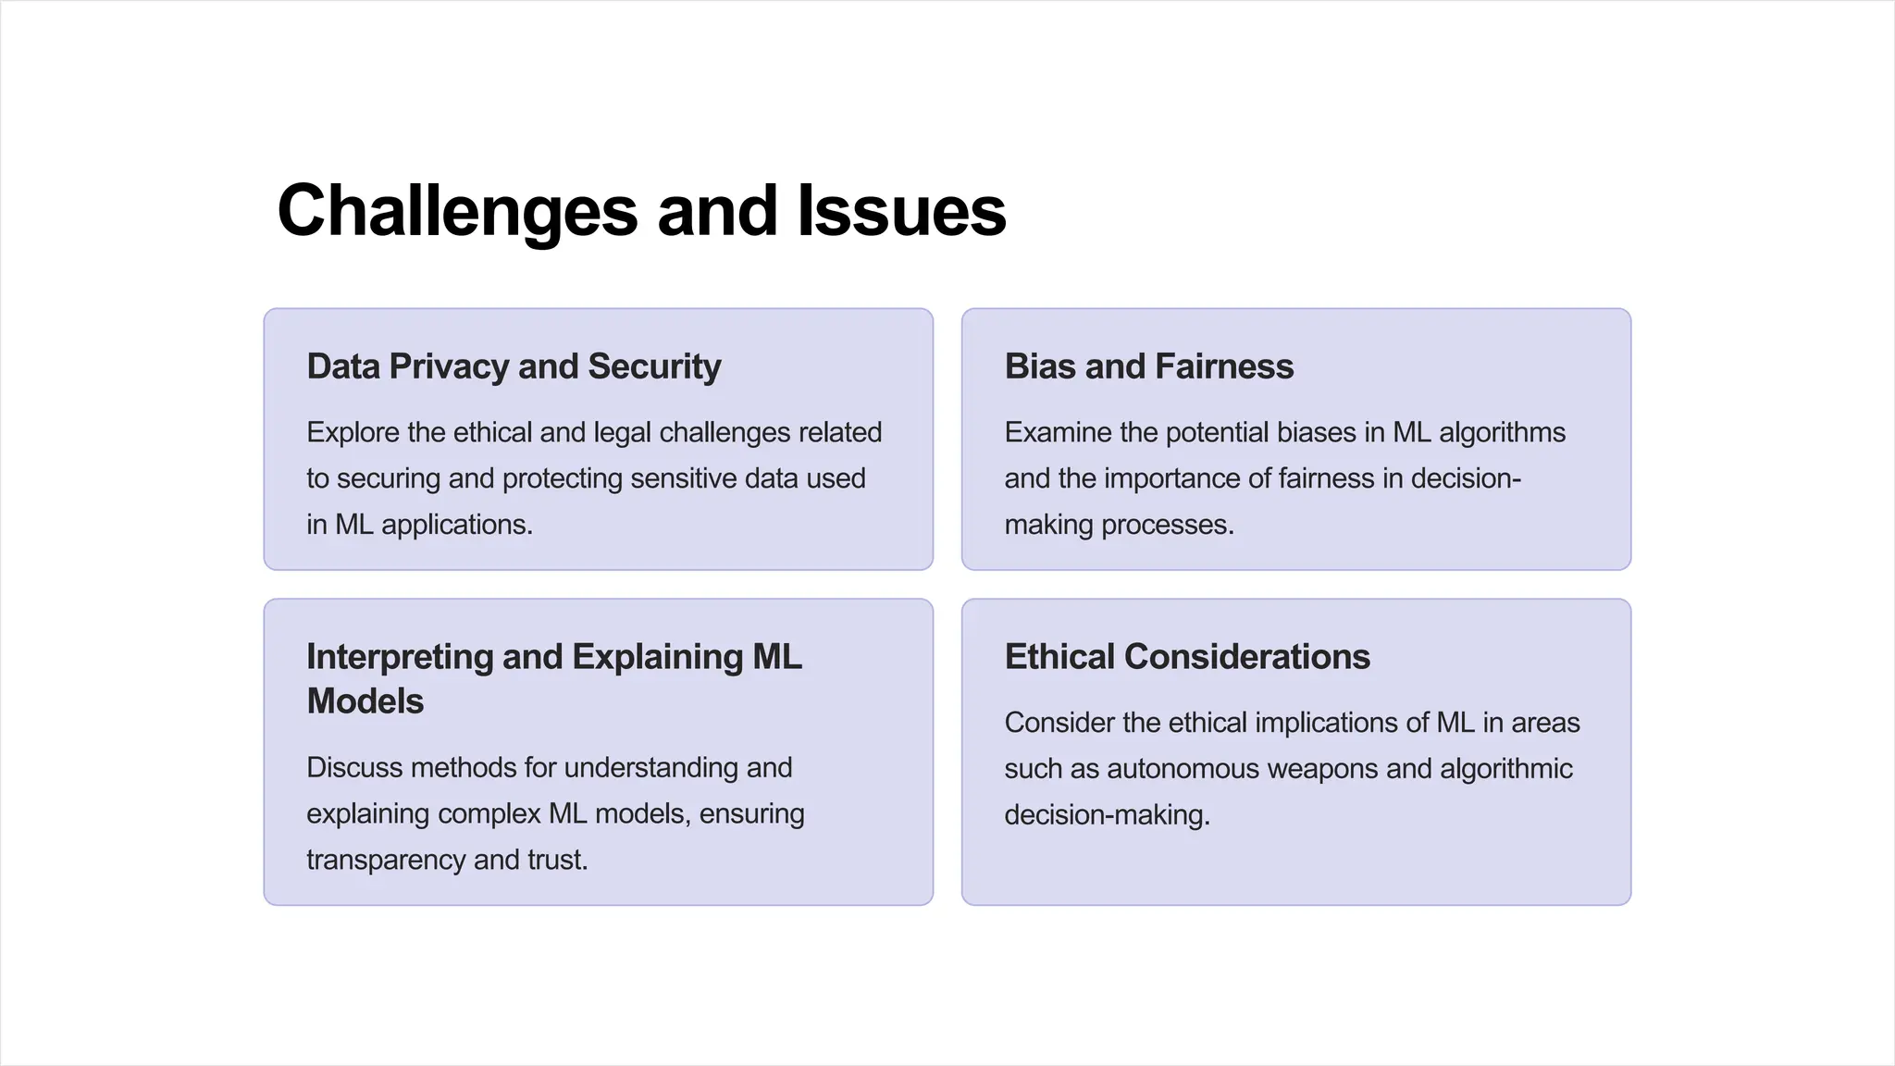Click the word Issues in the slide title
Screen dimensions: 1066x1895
tap(901, 211)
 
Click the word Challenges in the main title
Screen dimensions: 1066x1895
tap(457, 211)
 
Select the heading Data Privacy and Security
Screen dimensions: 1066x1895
tap(514, 366)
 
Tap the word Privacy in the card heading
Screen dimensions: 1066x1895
tap(449, 366)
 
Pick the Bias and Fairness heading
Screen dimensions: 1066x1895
tap(1148, 366)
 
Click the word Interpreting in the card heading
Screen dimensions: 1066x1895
tap(400, 657)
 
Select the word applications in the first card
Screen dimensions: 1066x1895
tap(456, 525)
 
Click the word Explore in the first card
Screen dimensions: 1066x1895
tap(353, 432)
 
